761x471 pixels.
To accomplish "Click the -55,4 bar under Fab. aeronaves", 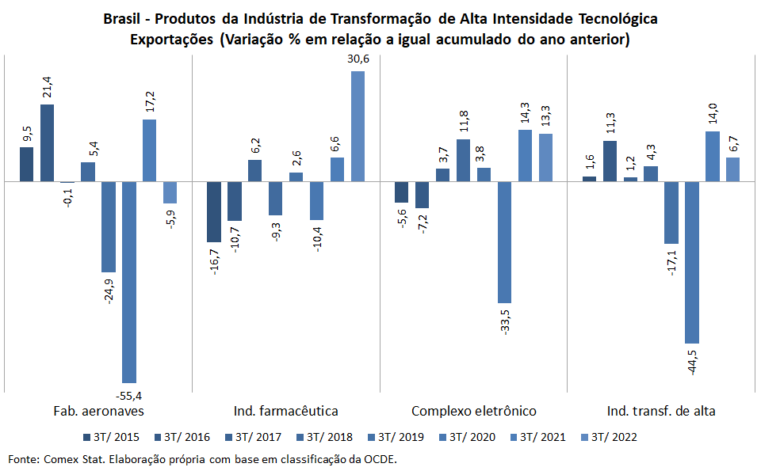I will coord(129,282).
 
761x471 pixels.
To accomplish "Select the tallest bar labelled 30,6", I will coord(358,127).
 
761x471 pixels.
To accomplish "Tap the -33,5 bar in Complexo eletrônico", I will coord(504,242).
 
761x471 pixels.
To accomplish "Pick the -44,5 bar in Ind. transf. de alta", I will coord(692,262).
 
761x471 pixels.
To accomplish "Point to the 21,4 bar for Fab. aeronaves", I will coord(47,143).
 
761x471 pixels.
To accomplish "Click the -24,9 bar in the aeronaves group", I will coord(109,227).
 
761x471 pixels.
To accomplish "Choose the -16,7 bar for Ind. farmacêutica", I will coord(214,211).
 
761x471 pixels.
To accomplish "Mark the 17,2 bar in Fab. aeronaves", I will coord(150,150).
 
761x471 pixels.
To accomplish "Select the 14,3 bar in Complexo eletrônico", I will coord(525,156).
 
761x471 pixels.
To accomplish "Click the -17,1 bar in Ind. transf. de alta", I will coord(671,213).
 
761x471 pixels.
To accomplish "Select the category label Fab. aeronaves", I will coord(98,411).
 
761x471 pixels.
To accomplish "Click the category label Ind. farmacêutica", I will coord(286,411).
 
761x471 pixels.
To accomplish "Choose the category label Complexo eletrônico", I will coord(474,411).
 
